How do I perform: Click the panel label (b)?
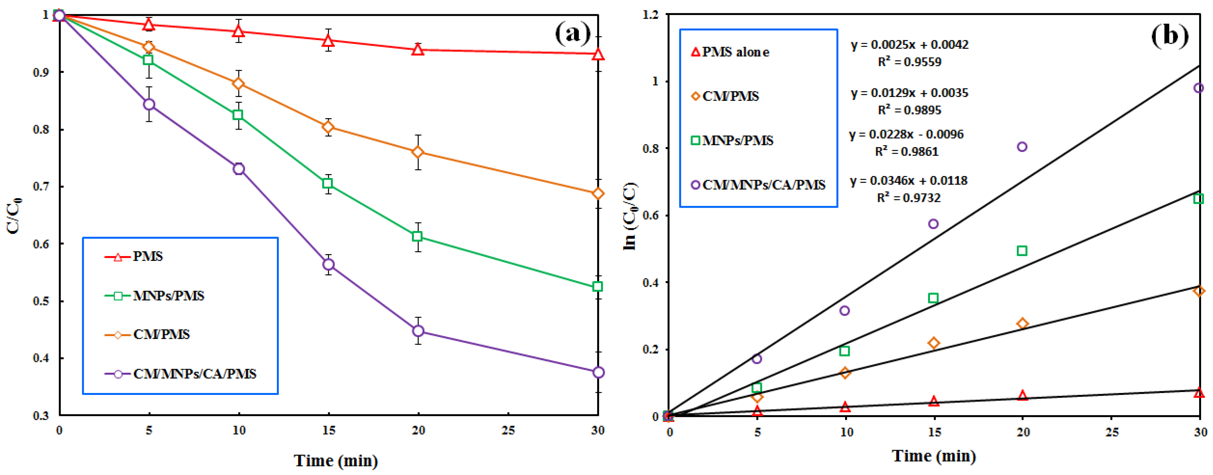1170,35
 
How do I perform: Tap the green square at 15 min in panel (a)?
328,183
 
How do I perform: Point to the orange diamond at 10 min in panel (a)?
239,83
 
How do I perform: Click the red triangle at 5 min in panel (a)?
149,24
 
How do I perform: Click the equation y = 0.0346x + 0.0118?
908,181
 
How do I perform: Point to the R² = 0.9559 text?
909,62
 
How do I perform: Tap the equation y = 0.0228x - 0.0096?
906,135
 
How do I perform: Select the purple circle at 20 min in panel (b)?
1022,147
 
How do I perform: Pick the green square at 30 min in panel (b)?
1199,199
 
